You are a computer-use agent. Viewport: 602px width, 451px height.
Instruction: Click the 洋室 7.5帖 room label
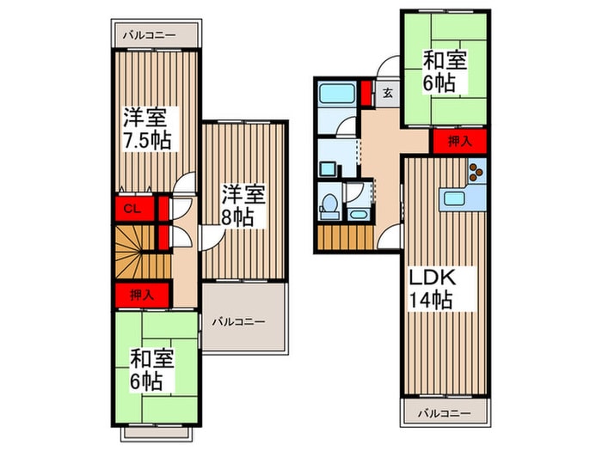[144, 128]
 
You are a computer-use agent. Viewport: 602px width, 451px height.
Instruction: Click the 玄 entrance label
[388, 93]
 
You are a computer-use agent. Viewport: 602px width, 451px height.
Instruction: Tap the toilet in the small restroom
[329, 205]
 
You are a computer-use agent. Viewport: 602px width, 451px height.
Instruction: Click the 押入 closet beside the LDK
[458, 142]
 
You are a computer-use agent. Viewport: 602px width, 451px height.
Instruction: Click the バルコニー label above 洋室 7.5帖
[150, 36]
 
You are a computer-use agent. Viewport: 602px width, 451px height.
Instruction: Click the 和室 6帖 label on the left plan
[152, 367]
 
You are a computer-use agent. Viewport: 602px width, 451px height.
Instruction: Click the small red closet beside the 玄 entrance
[366, 91]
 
